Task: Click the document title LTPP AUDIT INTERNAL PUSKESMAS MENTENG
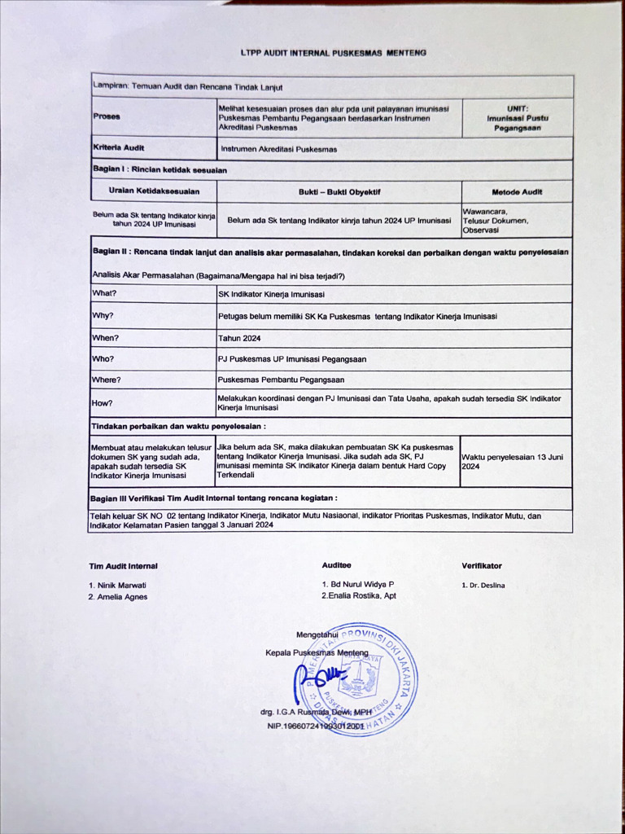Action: coord(334,53)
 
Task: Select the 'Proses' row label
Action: coord(107,116)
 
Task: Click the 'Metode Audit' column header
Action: coord(517,192)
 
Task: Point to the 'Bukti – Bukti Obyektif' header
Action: coord(339,192)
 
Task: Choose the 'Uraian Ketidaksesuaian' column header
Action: coord(153,191)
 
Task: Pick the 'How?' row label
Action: coord(103,403)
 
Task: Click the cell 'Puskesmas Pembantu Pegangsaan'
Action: coord(281,380)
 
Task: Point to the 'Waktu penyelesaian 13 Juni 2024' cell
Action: coord(514,462)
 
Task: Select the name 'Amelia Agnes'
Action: coord(121,597)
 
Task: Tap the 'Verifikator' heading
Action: coord(482,565)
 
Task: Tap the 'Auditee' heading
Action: coord(337,565)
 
